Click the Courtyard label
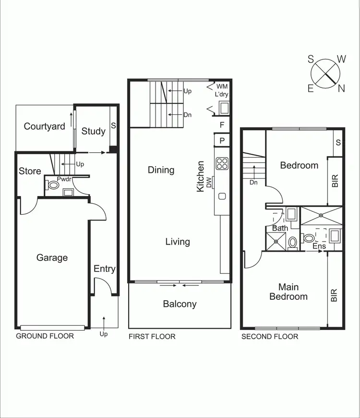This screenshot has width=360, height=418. coord(45,127)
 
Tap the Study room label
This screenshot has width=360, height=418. coord(93,131)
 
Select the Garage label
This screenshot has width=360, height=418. coord(52,258)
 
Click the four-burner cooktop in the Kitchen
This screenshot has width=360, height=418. coord(222,163)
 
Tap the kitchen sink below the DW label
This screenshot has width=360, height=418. coord(222,196)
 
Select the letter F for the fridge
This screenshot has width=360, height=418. coord(222,125)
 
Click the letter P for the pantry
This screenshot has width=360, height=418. coord(222,140)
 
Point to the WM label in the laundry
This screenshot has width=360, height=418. coord(222,86)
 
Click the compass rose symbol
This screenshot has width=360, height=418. coord(326,74)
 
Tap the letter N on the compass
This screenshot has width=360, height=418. coord(341,88)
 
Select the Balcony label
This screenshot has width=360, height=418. coord(180,304)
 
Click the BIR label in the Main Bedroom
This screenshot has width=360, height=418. coord(335,295)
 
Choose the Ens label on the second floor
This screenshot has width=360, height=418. coord(319,246)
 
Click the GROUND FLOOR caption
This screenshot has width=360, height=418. coord(45,336)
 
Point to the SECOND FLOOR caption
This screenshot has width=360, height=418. coord(270,336)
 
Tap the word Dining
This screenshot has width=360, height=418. coord(161,170)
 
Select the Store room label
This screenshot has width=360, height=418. coord(30,171)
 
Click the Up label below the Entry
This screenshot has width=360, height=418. coord(104,334)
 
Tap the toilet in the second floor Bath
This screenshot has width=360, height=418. coord(292,241)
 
